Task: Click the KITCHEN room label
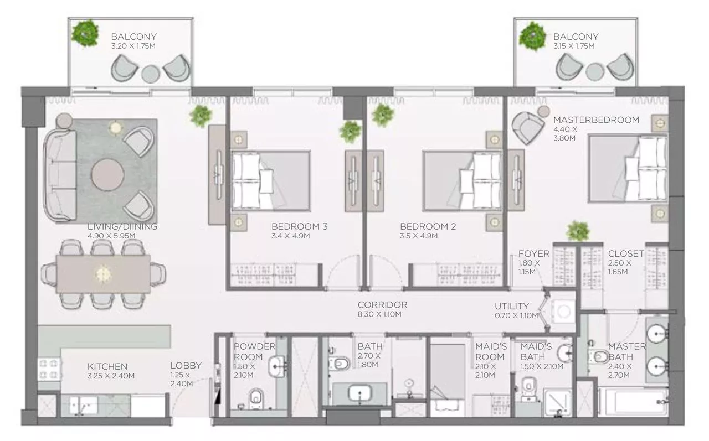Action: point(107,366)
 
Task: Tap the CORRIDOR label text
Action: point(382,305)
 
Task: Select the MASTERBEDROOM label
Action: point(596,120)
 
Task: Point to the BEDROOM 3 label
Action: point(299,226)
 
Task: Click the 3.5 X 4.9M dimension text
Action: point(419,236)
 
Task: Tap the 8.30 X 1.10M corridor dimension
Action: point(379,314)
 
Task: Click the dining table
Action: point(104,273)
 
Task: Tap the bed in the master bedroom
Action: point(627,168)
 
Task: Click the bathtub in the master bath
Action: point(633,401)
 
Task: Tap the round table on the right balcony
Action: point(595,71)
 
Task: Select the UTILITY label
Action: point(511,305)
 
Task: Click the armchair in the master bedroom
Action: point(528,128)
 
